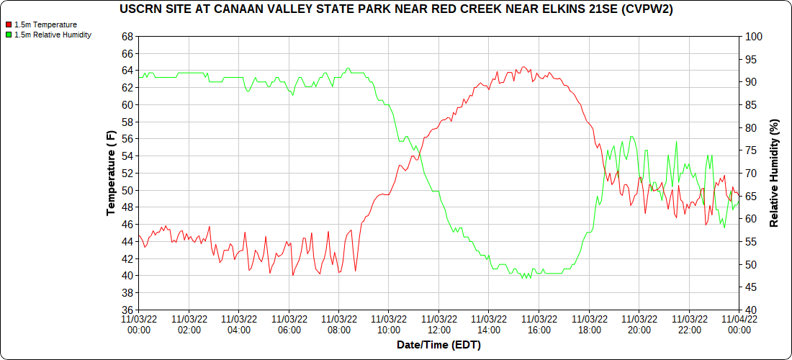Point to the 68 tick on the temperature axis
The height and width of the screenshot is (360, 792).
[127, 37]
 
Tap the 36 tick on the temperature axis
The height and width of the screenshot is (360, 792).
[127, 310]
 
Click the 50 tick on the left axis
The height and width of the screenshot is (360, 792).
[127, 191]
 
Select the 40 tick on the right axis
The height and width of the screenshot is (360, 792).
[748, 310]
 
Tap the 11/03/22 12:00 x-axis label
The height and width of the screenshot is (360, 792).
[438, 324]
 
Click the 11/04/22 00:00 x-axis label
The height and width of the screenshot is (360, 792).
[739, 324]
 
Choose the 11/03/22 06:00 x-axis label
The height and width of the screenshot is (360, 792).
[289, 324]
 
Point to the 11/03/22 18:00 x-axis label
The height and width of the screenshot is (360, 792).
[589, 324]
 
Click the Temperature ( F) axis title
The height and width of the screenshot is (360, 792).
[111, 173]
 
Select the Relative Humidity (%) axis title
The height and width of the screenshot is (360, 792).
[775, 173]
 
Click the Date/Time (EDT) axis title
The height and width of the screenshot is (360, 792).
[438, 345]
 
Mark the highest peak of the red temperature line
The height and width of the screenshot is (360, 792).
[523, 67]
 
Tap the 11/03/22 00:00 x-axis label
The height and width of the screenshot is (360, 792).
[138, 324]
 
